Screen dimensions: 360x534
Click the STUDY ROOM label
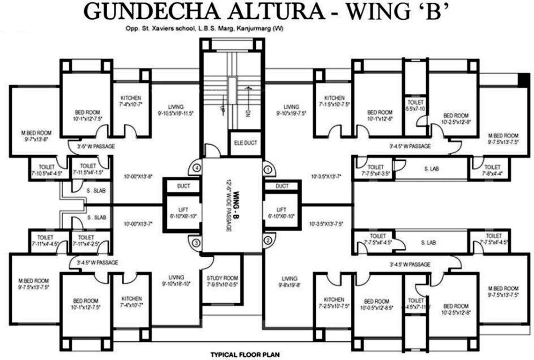tap(222, 277)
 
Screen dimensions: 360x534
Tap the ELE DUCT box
tap(245, 143)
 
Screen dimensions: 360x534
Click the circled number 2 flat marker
tap(268, 241)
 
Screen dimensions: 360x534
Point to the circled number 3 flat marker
tap(197, 242)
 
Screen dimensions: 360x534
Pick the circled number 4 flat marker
tap(197, 167)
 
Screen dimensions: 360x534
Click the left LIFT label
tap(184, 210)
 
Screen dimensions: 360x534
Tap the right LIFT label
tap(282, 210)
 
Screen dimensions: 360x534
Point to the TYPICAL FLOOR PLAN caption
tap(245, 355)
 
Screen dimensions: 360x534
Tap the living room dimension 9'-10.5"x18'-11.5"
tap(176, 113)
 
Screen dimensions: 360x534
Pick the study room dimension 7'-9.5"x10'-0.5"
tap(222, 284)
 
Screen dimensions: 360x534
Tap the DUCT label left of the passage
tap(184, 186)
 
